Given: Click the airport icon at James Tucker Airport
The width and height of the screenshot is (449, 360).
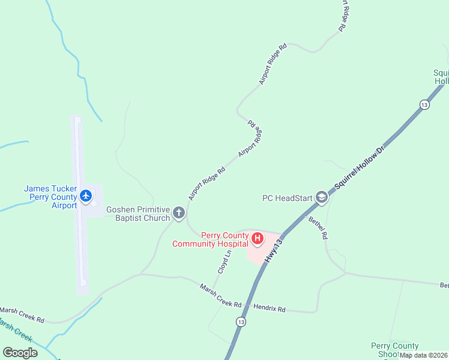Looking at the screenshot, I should coord(86,196).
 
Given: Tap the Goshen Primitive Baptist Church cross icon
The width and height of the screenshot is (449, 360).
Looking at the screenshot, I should coord(179,212).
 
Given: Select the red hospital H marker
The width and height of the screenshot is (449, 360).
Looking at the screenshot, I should coord(258,239).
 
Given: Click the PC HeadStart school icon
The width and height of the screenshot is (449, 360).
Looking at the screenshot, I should coord(322,197).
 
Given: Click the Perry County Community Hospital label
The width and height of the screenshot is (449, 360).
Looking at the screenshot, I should coord(209,239).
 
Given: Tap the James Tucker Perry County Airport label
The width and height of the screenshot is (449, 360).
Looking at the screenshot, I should coord(50,197).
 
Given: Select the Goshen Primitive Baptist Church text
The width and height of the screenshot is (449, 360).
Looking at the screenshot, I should coord(138,214).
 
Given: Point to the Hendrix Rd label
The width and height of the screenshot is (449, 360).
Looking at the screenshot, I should coord(270,309).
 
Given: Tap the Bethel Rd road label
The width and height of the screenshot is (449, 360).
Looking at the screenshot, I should coord(318,228).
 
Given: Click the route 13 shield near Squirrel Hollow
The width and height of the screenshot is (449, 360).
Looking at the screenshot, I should coord(424,104).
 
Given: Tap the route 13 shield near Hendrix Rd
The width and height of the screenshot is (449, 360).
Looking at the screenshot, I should coord(241,322).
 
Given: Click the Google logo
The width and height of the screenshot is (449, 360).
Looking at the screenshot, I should coord(20,353).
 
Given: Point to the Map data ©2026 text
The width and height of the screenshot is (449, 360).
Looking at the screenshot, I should coord(423,355).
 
